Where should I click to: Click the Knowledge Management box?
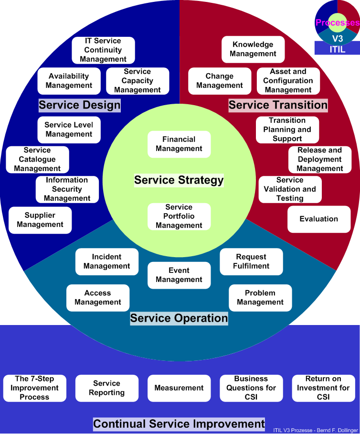253,49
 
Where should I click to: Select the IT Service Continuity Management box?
103,50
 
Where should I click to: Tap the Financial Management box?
179,144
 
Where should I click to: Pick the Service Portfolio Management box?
179,216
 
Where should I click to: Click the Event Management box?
179,275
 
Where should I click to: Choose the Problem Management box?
260,298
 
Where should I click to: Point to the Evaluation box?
319,219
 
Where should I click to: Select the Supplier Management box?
40,220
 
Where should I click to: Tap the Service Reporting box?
106,388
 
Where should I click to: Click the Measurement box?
179,388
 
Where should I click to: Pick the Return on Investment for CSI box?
323,388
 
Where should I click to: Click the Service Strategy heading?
179,180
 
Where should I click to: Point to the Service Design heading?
80,105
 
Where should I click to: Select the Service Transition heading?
278,105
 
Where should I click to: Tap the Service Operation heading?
179,318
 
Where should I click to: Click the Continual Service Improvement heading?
179,424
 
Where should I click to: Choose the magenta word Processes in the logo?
337,22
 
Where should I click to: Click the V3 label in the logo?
337,38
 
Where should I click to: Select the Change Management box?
220,81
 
